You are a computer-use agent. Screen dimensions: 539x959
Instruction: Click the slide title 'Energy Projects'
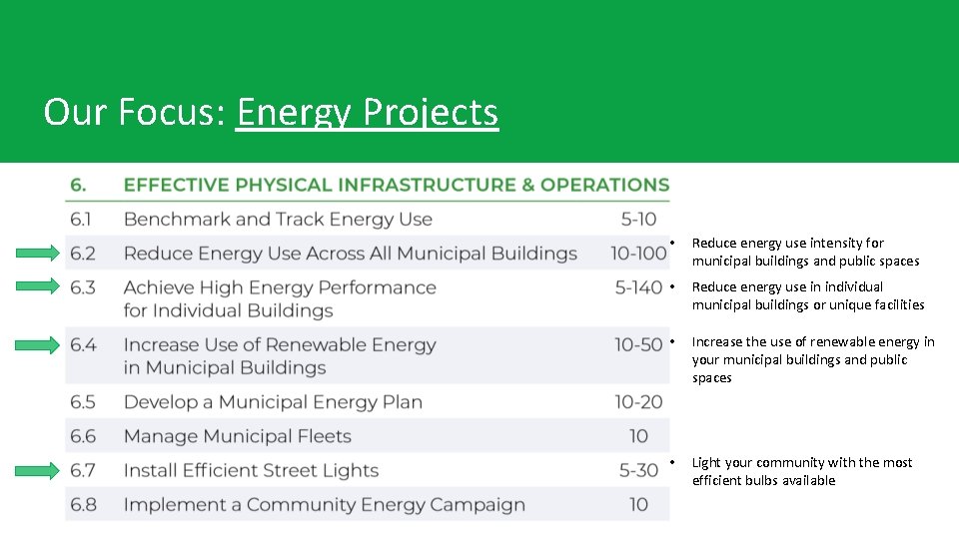pyautogui.click(x=367, y=112)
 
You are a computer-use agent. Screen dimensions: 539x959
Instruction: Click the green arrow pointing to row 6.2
pyautogui.click(x=38, y=253)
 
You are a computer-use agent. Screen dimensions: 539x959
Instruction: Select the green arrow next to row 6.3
pyautogui.click(x=38, y=286)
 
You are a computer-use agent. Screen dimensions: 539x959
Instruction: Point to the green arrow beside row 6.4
pyautogui.click(x=38, y=345)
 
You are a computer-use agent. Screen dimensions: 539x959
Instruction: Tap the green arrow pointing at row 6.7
pyautogui.click(x=38, y=470)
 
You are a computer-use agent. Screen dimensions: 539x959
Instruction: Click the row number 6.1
pyautogui.click(x=83, y=220)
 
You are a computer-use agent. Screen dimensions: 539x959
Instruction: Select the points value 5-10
pyautogui.click(x=638, y=220)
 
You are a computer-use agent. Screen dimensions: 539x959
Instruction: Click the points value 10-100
pyautogui.click(x=638, y=254)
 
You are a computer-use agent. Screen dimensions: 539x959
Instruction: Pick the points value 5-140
pyautogui.click(x=638, y=287)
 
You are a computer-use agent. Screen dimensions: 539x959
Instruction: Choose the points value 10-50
pyautogui.click(x=638, y=345)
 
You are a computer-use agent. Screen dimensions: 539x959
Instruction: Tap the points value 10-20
pyautogui.click(x=638, y=402)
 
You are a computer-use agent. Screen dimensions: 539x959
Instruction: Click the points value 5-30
pyautogui.click(x=638, y=470)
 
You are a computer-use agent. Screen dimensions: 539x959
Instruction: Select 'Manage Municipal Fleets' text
pyautogui.click(x=237, y=436)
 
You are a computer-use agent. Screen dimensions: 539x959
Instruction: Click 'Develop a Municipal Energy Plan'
pyautogui.click(x=273, y=402)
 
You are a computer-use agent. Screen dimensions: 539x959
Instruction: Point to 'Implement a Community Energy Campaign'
pyautogui.click(x=324, y=504)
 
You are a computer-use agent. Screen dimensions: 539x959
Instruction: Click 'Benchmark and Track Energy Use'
pyautogui.click(x=278, y=220)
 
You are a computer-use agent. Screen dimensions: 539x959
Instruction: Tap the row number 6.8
pyautogui.click(x=83, y=504)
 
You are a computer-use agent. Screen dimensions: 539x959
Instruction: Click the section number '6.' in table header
pyautogui.click(x=78, y=185)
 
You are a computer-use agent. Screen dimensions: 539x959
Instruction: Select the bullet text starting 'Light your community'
pyautogui.click(x=801, y=471)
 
